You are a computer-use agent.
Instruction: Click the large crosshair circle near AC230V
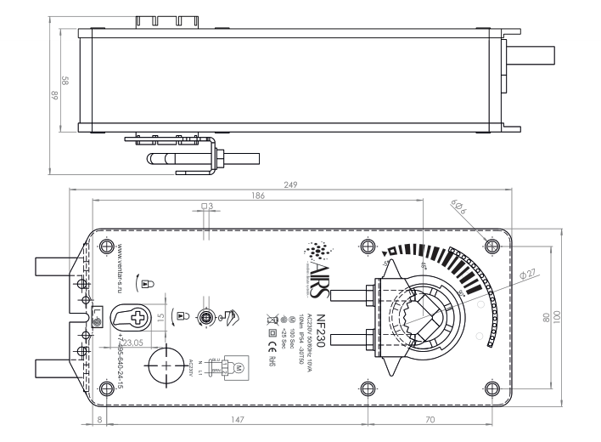(164, 362)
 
